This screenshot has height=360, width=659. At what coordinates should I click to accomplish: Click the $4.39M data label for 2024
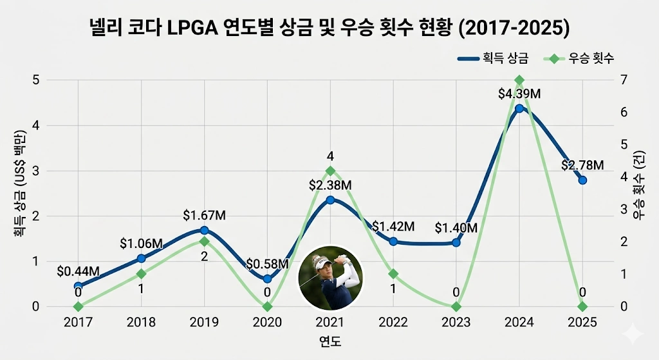(519, 94)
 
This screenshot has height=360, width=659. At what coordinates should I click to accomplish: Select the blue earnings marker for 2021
(330, 200)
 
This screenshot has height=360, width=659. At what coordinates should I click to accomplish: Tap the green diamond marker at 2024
(519, 81)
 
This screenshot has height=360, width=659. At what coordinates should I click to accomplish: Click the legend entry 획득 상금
(493, 59)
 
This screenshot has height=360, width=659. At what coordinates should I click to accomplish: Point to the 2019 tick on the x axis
(204, 322)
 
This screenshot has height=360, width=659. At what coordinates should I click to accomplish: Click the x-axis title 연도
(329, 341)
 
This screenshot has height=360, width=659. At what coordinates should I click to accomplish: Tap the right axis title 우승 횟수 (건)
(638, 193)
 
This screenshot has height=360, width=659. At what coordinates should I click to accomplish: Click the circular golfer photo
(330, 277)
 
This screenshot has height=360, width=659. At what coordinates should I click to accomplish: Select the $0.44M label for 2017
(78, 272)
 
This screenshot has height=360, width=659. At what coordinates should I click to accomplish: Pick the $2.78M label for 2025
(582, 166)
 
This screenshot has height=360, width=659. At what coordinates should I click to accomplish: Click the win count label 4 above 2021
(329, 156)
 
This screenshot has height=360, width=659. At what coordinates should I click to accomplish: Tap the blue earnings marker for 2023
(456, 243)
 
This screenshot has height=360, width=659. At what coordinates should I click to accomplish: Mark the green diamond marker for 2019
(204, 242)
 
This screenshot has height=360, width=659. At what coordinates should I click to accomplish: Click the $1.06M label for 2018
(141, 244)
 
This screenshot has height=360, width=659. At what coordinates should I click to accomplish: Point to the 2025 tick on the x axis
(582, 322)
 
